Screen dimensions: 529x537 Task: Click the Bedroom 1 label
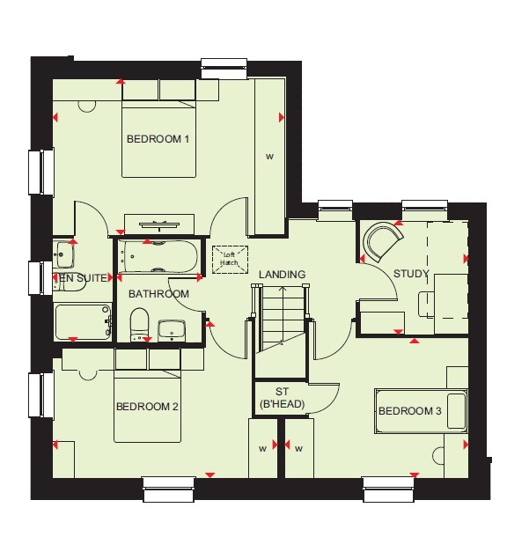[158, 139]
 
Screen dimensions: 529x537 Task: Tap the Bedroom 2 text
[147, 407]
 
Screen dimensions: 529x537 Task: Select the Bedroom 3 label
[410, 410]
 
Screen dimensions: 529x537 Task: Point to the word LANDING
[283, 275]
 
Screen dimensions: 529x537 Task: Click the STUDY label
[411, 274]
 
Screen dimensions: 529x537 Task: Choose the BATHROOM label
[158, 294]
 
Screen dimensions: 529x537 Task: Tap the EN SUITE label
[84, 278]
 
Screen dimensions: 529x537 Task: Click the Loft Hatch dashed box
[230, 260]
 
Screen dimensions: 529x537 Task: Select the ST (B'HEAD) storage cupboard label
[283, 398]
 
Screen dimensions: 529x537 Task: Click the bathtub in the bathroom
[158, 256]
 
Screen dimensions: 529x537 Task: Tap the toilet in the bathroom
[139, 324]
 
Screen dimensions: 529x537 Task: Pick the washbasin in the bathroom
[172, 330]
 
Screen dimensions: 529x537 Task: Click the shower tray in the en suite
[84, 322]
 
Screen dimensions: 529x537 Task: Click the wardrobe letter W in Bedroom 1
[270, 157]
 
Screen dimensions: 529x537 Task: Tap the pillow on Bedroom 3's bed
[457, 411]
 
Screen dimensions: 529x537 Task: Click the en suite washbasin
[65, 254]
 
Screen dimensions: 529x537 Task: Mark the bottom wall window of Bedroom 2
[169, 489]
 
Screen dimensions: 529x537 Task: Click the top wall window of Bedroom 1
[224, 69]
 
